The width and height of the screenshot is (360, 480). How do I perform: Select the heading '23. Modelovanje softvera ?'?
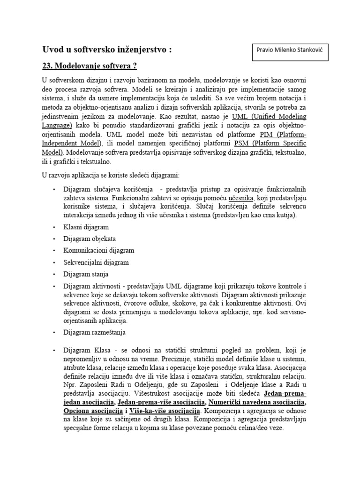coord(90,66)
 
